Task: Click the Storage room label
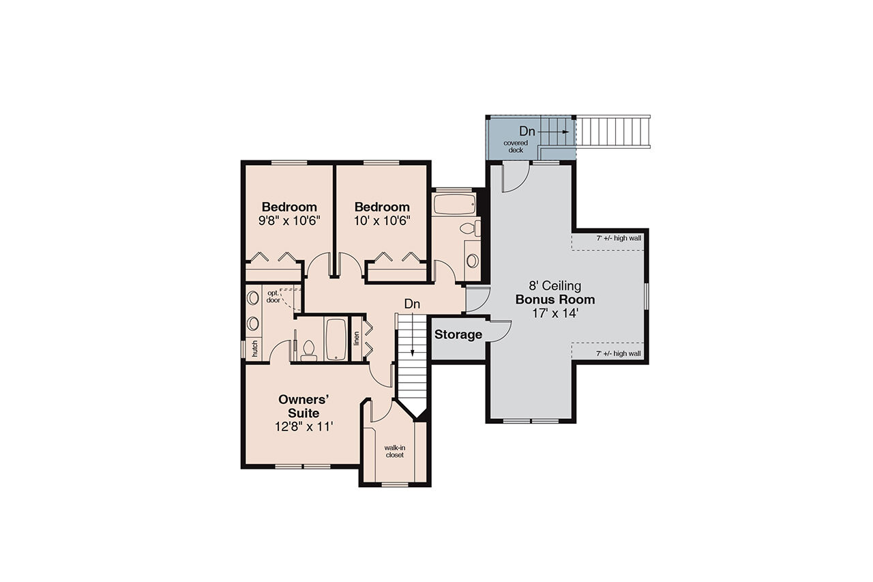(x=458, y=335)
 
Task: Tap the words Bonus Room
(x=554, y=300)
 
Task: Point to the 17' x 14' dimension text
(x=554, y=313)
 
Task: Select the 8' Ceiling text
(x=554, y=286)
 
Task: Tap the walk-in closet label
(x=395, y=451)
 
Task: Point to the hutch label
(x=254, y=348)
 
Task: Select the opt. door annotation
(x=273, y=296)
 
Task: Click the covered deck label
(x=516, y=146)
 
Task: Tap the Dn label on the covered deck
(x=527, y=130)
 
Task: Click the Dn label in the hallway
(x=411, y=303)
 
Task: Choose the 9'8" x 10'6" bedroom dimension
(x=289, y=220)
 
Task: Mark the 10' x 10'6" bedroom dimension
(x=382, y=220)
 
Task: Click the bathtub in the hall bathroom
(x=454, y=204)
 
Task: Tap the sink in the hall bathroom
(x=472, y=260)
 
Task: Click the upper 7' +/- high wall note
(x=618, y=238)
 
